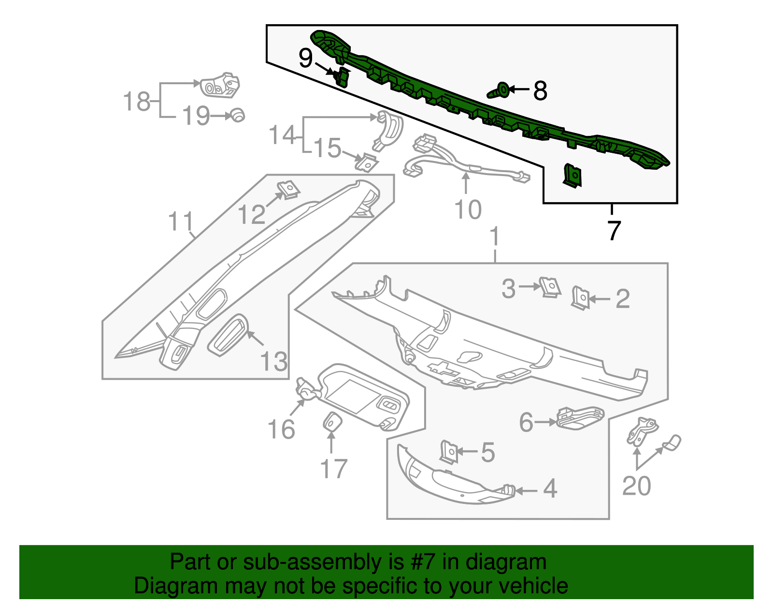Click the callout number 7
click(613, 230)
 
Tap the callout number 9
click(305, 59)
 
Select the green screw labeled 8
click(500, 90)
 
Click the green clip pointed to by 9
click(342, 77)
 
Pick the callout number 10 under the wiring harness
click(468, 210)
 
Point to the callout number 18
click(137, 102)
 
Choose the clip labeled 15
click(367, 162)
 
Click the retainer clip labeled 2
click(581, 297)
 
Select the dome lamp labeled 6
click(580, 417)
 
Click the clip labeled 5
click(449, 452)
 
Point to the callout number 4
click(550, 489)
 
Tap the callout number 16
click(281, 429)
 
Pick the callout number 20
click(636, 486)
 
